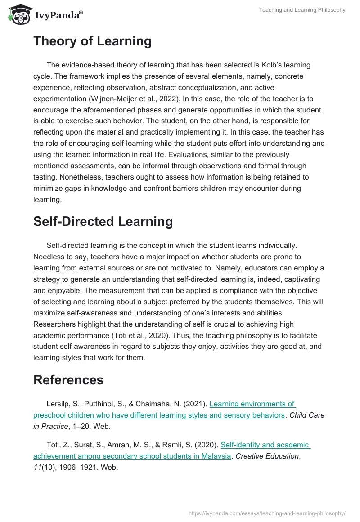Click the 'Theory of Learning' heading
point(92,41)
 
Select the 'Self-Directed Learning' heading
point(103,222)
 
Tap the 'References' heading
point(68,380)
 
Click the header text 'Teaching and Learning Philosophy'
point(302,10)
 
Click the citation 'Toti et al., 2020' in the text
point(143,335)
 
